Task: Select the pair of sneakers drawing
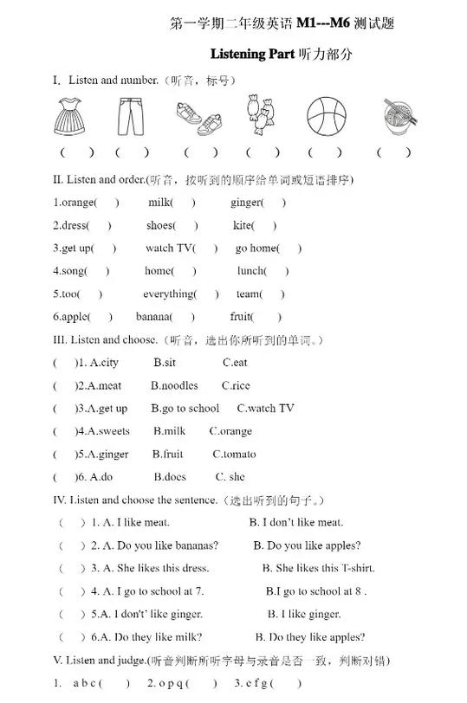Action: click(x=198, y=119)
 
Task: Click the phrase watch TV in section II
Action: click(x=170, y=248)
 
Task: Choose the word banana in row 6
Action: click(x=152, y=317)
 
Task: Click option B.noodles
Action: click(x=174, y=386)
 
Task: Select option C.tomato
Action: click(x=234, y=454)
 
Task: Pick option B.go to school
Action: click(x=185, y=409)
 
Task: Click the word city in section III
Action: click(x=108, y=363)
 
